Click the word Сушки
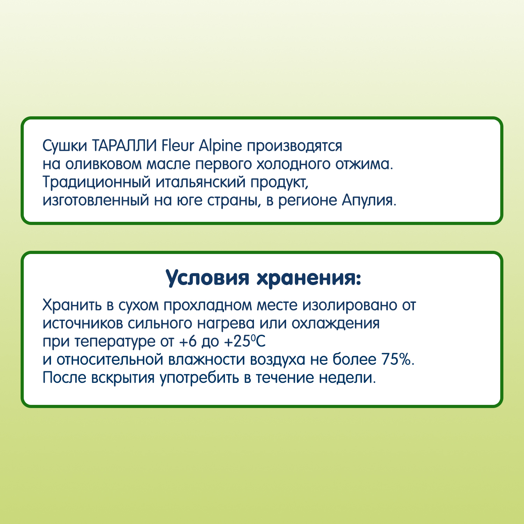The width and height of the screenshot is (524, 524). coord(65,146)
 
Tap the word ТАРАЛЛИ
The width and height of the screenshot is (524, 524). coord(124,146)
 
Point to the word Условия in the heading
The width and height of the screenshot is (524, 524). coord(208,278)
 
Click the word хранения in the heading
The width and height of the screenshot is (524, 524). coord(309,278)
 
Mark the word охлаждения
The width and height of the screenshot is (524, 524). coord(336,323)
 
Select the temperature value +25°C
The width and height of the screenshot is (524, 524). coord(245,341)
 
